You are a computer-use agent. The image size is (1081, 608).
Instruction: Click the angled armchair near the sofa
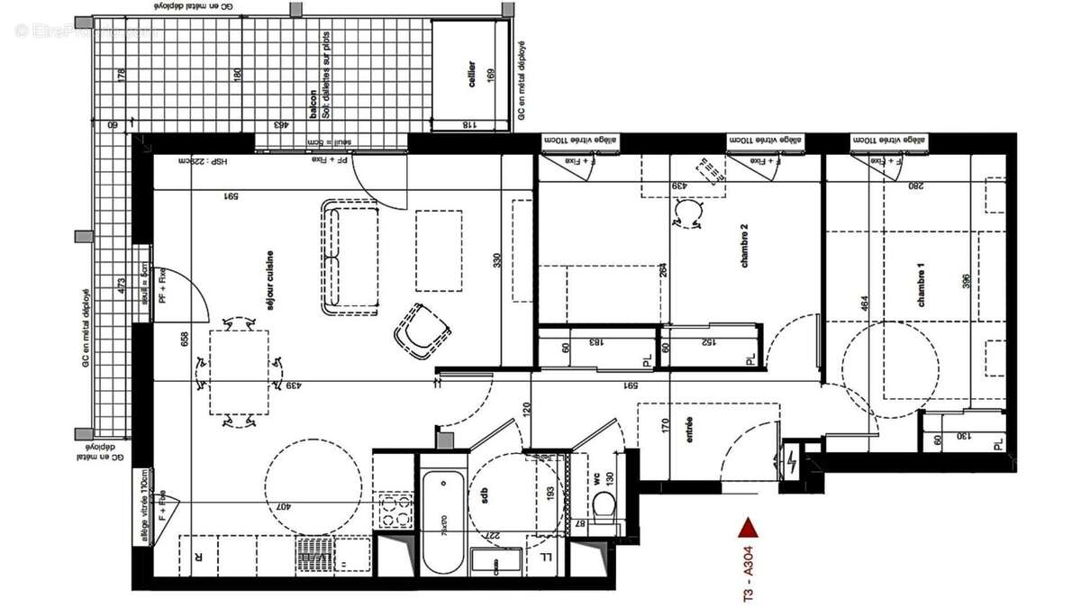coord(421,331)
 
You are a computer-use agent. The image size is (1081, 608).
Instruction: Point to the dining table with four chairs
coord(239,372)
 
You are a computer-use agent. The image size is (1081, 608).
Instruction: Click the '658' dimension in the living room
coord(185,338)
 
